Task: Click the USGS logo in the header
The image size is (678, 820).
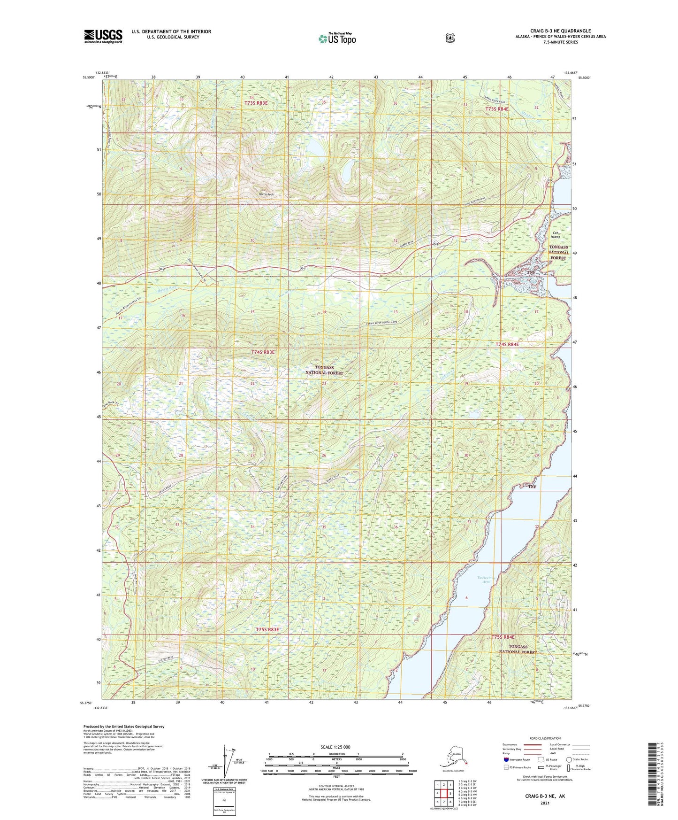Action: point(103,36)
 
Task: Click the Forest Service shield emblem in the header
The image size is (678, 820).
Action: point(449,38)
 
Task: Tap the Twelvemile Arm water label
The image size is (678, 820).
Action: point(486,580)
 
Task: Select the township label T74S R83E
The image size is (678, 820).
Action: point(263,352)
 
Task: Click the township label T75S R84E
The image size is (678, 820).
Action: point(503,637)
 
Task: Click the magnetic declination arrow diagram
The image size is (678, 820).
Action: point(230,760)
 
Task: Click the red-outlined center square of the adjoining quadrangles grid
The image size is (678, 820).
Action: point(443,793)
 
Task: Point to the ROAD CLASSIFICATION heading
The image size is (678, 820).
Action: point(544,738)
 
